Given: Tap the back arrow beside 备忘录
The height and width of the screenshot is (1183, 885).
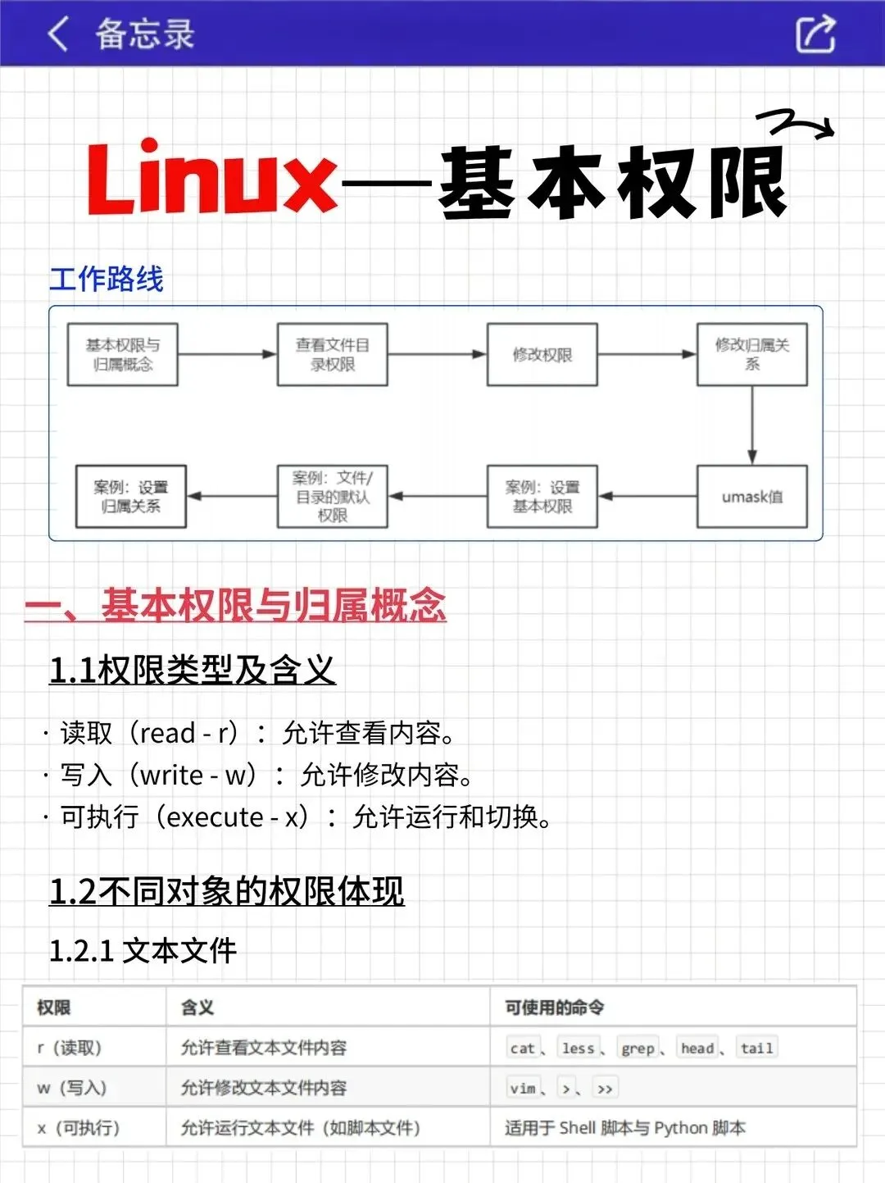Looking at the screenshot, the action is coord(57,34).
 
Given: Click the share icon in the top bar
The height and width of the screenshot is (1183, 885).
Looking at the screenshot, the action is coord(815,34).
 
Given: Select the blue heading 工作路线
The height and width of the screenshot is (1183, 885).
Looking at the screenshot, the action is coord(107,279).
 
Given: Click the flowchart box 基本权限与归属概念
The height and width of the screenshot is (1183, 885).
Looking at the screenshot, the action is coord(123,354).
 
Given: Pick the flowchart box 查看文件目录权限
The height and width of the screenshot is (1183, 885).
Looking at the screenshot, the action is coord(333,354).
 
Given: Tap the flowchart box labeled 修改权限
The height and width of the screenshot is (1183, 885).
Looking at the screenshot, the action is coord(542,354).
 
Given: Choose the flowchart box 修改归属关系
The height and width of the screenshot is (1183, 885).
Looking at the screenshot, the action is coord(752,354).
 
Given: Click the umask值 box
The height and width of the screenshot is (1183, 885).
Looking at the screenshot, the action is coord(752,497).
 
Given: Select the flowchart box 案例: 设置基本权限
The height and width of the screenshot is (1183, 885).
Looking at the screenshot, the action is coord(542,497).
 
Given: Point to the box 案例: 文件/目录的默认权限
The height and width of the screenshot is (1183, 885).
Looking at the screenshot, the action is coord(333,497).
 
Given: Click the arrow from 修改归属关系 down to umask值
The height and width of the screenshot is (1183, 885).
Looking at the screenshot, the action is coord(752,425).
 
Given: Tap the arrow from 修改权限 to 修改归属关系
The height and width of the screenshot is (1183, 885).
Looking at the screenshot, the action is coord(647,354).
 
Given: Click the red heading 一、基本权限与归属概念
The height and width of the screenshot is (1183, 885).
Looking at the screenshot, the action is coord(236,605).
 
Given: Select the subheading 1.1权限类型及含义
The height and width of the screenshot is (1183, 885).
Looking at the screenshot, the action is coord(193,670).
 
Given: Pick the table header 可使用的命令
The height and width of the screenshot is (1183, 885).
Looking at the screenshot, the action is coord(555,1008).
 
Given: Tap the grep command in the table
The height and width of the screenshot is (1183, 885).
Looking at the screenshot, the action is coord(638,1049).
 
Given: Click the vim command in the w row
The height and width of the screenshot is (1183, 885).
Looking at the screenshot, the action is coord(523,1089).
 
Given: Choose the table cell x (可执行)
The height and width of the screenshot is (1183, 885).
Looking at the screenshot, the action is coord(79,1128).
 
